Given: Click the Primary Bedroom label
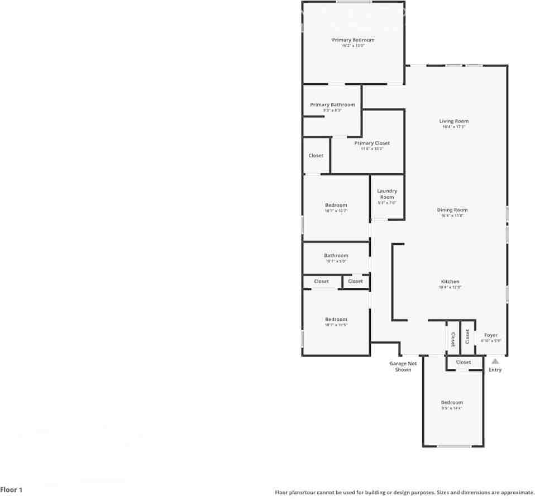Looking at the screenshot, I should pyautogui.click(x=353, y=40).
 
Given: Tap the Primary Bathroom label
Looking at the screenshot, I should pyautogui.click(x=332, y=105).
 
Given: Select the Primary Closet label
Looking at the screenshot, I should pyautogui.click(x=372, y=144).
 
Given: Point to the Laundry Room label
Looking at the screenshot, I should pyautogui.click(x=387, y=194).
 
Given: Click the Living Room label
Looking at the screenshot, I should pyautogui.click(x=453, y=121).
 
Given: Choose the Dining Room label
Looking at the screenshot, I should pyautogui.click(x=452, y=210).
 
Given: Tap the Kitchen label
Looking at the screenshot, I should pyautogui.click(x=450, y=282).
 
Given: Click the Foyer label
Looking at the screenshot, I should pyautogui.click(x=491, y=335).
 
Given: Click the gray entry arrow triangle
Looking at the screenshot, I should pyautogui.click(x=495, y=362).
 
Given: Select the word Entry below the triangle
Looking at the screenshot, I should pyautogui.click(x=495, y=370).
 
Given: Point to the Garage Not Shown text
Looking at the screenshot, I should pyautogui.click(x=403, y=367).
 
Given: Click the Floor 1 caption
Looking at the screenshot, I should pyautogui.click(x=12, y=490).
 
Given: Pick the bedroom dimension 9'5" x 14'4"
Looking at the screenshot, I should pyautogui.click(x=452, y=408).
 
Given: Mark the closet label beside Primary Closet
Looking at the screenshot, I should pyautogui.click(x=316, y=155).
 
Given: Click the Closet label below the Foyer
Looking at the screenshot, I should pyautogui.click(x=464, y=362).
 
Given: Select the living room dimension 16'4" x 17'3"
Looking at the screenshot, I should pyautogui.click(x=453, y=127).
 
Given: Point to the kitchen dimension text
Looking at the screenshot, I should pyautogui.click(x=450, y=287).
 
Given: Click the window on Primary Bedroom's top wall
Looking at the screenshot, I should pyautogui.click(x=353, y=2).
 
